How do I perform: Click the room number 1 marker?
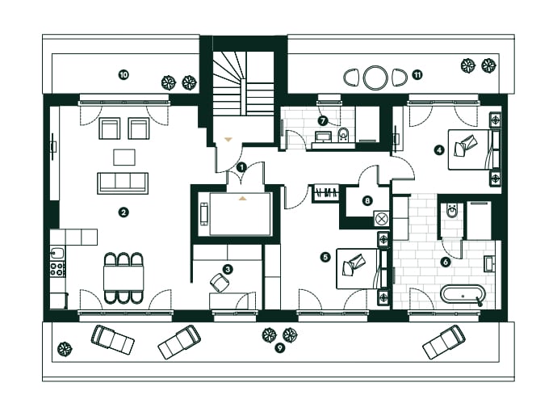click(x=241, y=167)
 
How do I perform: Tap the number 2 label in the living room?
click(x=123, y=212)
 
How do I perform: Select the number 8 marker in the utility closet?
click(x=367, y=201)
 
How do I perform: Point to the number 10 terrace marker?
click(x=124, y=75)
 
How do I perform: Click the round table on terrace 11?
click(x=375, y=77)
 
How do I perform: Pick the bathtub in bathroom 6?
click(x=463, y=294)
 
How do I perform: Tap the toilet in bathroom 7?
click(x=344, y=134)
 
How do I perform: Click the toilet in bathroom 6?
click(x=451, y=211)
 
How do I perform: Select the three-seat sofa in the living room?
click(x=123, y=183)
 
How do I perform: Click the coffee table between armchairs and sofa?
click(x=124, y=157)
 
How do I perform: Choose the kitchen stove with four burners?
click(x=57, y=269)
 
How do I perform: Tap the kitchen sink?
click(x=57, y=254)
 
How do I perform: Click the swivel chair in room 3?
click(x=220, y=283)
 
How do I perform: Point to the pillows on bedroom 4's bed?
click(x=465, y=145)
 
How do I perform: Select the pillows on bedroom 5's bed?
click(x=354, y=265)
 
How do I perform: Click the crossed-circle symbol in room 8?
click(x=382, y=219)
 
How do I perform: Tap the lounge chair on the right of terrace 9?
click(x=444, y=341)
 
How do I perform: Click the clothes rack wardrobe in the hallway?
click(x=326, y=193)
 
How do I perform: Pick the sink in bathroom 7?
click(x=323, y=137)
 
